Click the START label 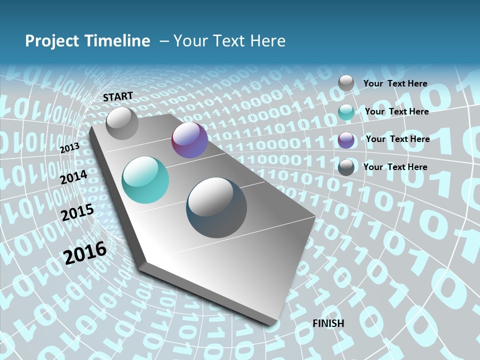(x=118, y=96)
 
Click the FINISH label (x=328, y=323)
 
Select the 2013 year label (x=70, y=148)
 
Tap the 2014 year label (x=74, y=177)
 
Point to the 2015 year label (x=77, y=213)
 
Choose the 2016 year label (x=85, y=253)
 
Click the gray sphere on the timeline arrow (x=122, y=123)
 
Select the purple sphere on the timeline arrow (x=189, y=140)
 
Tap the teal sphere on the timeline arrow (x=145, y=180)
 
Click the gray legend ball (x=346, y=83)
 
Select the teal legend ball (x=346, y=111)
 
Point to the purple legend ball (x=346, y=139)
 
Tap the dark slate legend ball (x=346, y=167)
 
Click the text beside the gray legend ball (x=395, y=83)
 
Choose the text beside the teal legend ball (x=396, y=111)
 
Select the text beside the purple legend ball (x=397, y=139)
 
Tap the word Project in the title (x=51, y=41)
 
